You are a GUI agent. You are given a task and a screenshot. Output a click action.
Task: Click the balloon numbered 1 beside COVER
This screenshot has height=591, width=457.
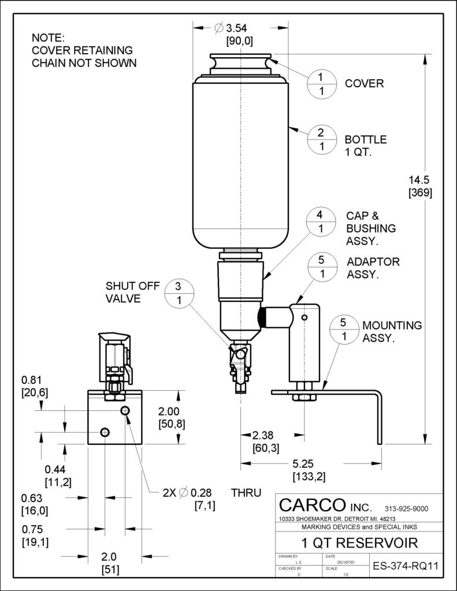click(x=322, y=84)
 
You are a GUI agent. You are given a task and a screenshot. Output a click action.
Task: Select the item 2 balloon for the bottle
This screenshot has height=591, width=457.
click(x=322, y=140)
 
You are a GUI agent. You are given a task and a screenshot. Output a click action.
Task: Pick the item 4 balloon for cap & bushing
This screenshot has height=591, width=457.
click(x=322, y=221)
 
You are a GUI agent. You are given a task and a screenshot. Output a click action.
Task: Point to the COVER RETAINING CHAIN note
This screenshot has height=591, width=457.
click(x=84, y=51)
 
